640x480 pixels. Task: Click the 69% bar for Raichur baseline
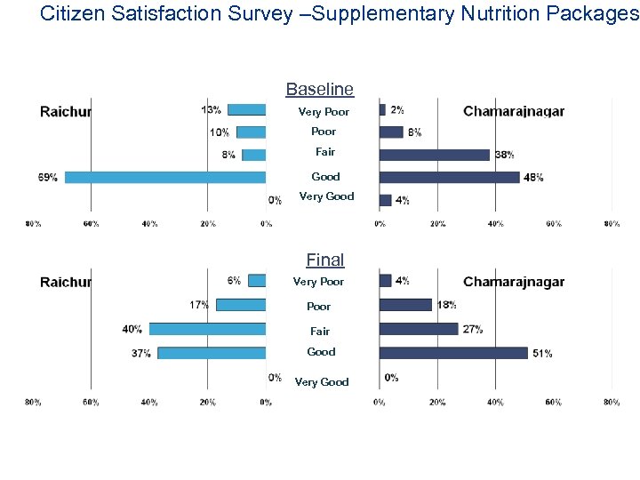tap(165, 177)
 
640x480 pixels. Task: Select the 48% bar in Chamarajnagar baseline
tap(449, 177)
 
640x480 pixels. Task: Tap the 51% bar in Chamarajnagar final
tap(453, 353)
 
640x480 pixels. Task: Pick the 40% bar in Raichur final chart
tap(207, 329)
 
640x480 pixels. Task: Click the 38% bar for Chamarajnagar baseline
tap(435, 155)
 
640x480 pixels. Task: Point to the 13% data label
tap(212, 110)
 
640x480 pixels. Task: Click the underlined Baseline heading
tap(319, 90)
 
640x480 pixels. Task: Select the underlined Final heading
tap(325, 260)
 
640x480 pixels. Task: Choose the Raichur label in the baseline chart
tap(66, 112)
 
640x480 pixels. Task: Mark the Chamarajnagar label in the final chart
tap(514, 283)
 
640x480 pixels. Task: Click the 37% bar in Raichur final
tap(212, 353)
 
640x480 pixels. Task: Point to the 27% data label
tap(473, 329)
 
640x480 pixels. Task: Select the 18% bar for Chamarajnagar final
tap(405, 305)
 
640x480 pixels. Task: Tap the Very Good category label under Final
tap(322, 382)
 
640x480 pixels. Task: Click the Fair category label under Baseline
tap(325, 152)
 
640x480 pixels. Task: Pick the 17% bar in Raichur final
tap(241, 305)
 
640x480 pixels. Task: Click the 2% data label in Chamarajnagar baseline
tap(396, 110)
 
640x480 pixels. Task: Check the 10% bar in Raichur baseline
tap(251, 132)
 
